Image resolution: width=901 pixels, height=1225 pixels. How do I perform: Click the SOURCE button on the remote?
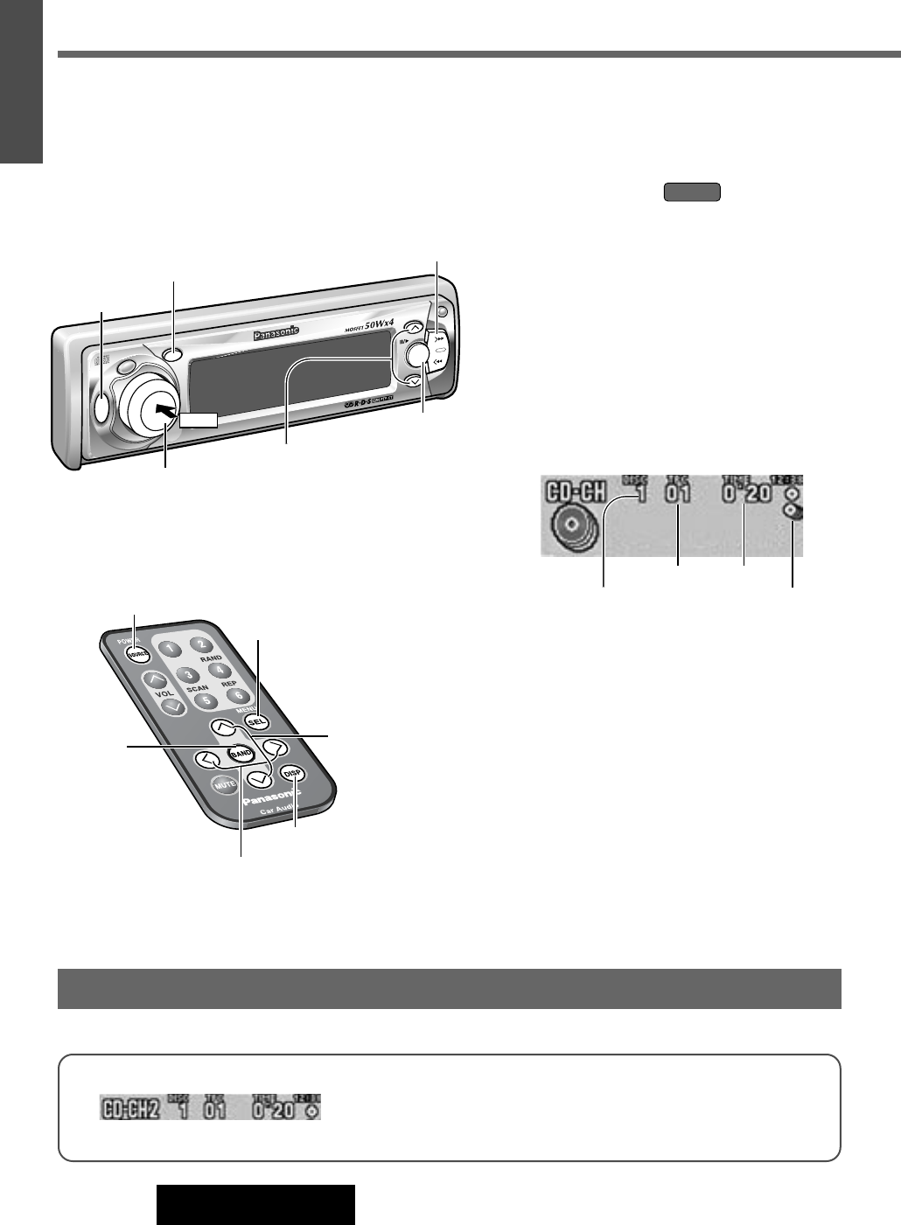pyautogui.click(x=135, y=655)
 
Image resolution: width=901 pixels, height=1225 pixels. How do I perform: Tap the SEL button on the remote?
pyautogui.click(x=255, y=722)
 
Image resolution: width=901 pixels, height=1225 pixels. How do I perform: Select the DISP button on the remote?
pyautogui.click(x=293, y=774)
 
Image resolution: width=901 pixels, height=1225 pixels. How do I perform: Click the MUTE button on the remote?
pyautogui.click(x=225, y=785)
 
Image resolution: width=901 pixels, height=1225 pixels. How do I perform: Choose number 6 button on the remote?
pyautogui.click(x=235, y=696)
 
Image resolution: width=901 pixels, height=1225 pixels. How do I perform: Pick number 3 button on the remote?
pyautogui.click(x=187, y=675)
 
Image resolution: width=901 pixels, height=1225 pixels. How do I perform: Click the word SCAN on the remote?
pyautogui.click(x=197, y=689)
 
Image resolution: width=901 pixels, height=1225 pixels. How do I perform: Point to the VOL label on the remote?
pyautogui.click(x=165, y=693)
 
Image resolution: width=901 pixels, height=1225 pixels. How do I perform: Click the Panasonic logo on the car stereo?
pyautogui.click(x=276, y=332)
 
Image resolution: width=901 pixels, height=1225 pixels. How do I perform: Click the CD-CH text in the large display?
pyautogui.click(x=576, y=492)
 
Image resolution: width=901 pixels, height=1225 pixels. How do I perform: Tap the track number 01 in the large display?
pyautogui.click(x=678, y=495)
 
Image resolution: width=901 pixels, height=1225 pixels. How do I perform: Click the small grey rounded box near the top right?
pyautogui.click(x=692, y=192)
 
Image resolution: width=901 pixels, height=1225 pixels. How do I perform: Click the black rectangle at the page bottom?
pyautogui.click(x=255, y=1205)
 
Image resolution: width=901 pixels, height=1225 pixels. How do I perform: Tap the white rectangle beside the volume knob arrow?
pyautogui.click(x=199, y=420)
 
